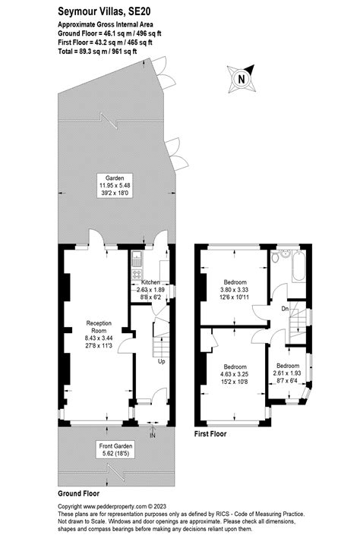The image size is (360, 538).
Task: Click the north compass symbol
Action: tap(241, 77)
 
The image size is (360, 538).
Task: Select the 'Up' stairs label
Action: tap(161, 361)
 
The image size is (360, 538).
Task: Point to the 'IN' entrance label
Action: tap(153, 435)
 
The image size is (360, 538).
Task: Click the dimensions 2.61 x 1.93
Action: tap(287, 373)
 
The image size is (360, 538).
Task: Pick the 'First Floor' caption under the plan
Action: tap(210, 436)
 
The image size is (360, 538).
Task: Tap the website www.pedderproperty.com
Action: tap(116, 506)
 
